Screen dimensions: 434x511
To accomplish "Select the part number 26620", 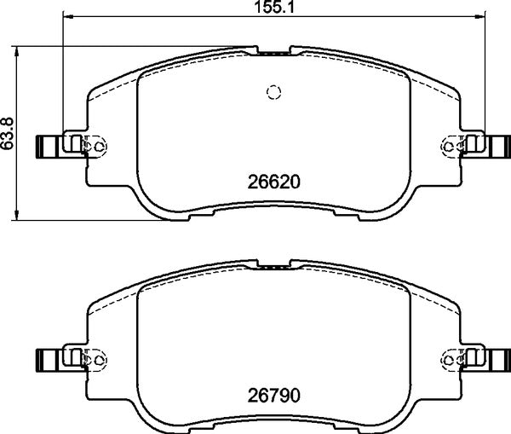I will tap(274, 182).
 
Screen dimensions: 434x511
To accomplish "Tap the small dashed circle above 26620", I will tap(273, 92).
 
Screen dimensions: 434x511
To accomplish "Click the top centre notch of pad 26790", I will tap(273, 266).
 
